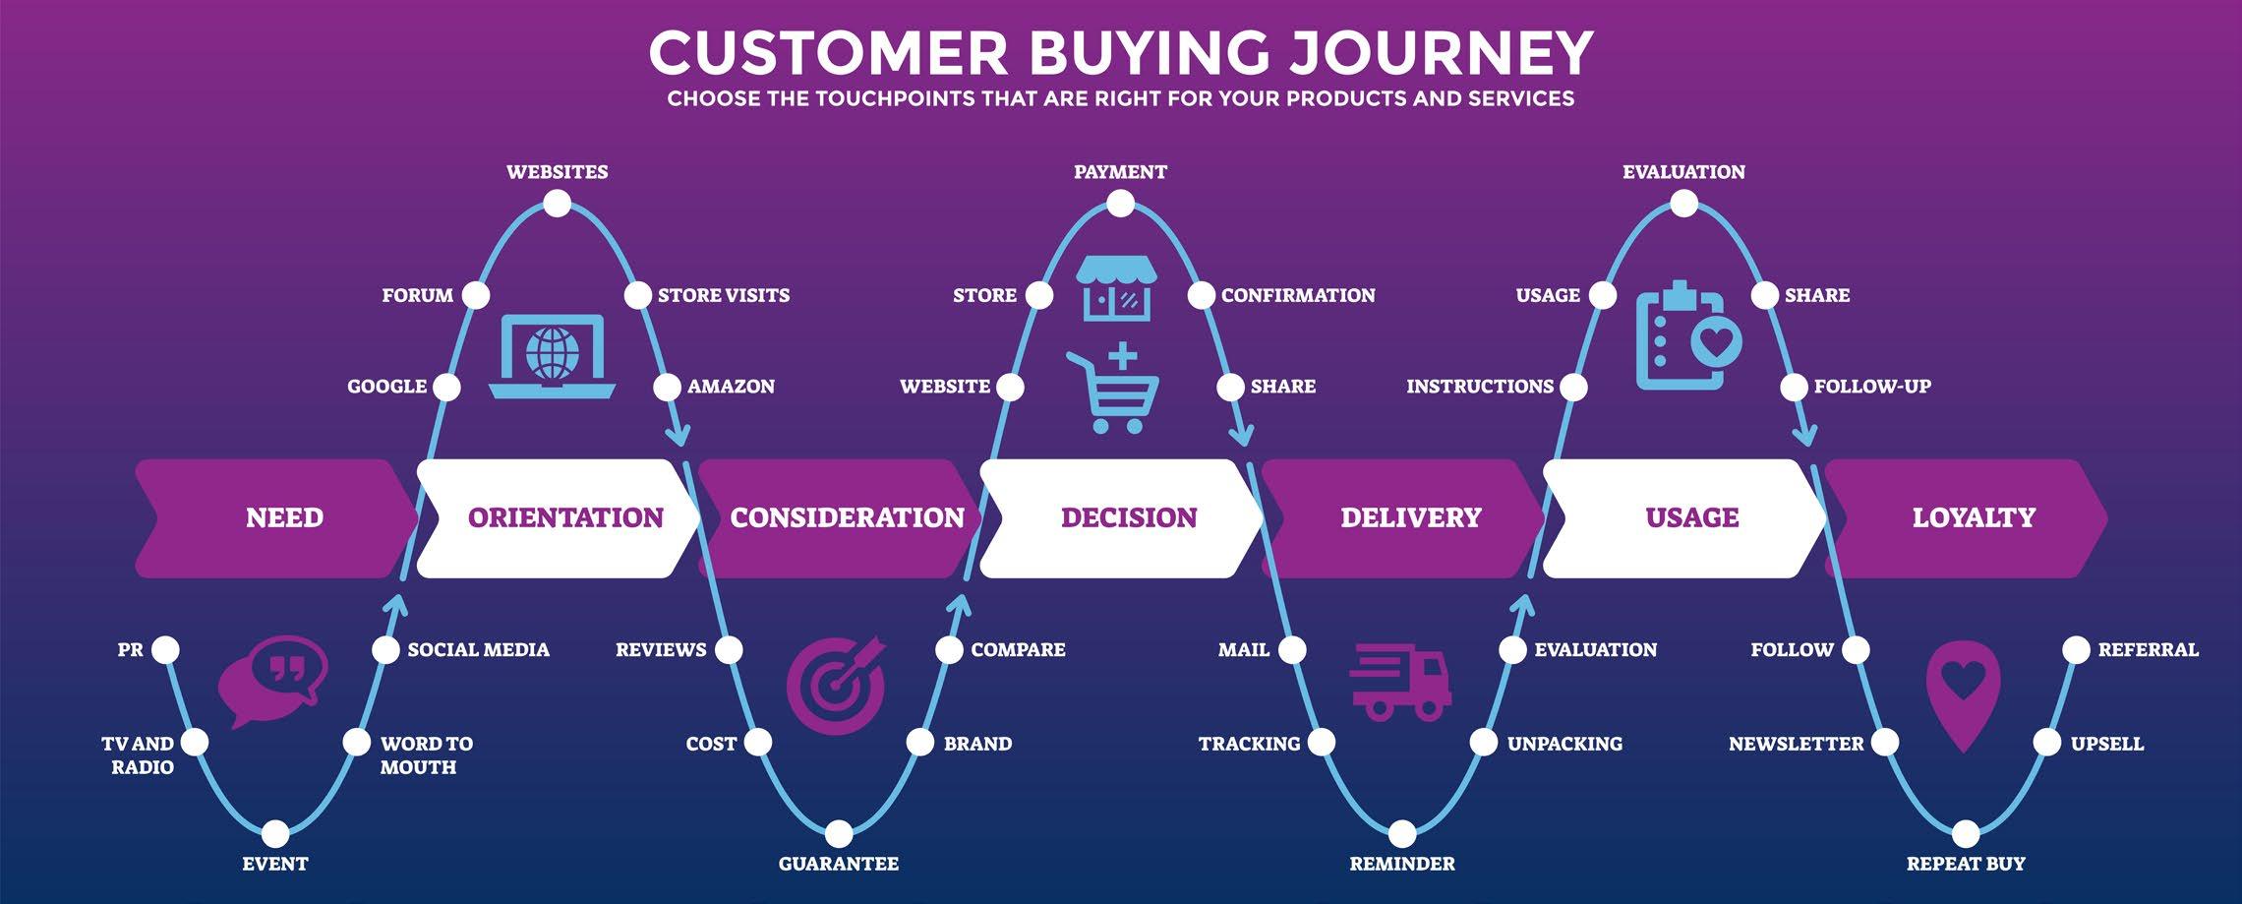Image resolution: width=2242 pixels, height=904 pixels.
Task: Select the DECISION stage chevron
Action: click(x=1128, y=517)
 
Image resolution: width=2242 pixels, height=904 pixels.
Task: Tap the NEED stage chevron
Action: click(x=284, y=517)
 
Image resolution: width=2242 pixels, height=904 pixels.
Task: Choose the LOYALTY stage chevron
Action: click(x=1973, y=517)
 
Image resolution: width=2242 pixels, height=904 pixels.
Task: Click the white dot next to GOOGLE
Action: click(x=446, y=387)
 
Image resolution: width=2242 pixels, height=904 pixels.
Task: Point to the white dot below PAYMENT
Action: click(x=1120, y=205)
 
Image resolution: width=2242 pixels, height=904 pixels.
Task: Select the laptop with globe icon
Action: click(x=553, y=356)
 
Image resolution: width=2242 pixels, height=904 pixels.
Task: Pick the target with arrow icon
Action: click(x=837, y=685)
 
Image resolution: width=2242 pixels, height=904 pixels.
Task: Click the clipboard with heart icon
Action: click(x=1686, y=336)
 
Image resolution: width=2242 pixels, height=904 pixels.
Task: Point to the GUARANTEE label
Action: click(x=839, y=864)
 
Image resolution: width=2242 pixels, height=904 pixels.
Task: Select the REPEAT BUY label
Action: click(x=1966, y=864)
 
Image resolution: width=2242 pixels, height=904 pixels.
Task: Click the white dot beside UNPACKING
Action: click(x=1483, y=742)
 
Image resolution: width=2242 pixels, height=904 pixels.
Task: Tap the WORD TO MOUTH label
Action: click(x=426, y=754)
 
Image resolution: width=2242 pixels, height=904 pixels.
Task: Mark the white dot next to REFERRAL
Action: click(x=2076, y=649)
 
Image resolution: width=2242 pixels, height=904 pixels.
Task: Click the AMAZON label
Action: click(x=731, y=387)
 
